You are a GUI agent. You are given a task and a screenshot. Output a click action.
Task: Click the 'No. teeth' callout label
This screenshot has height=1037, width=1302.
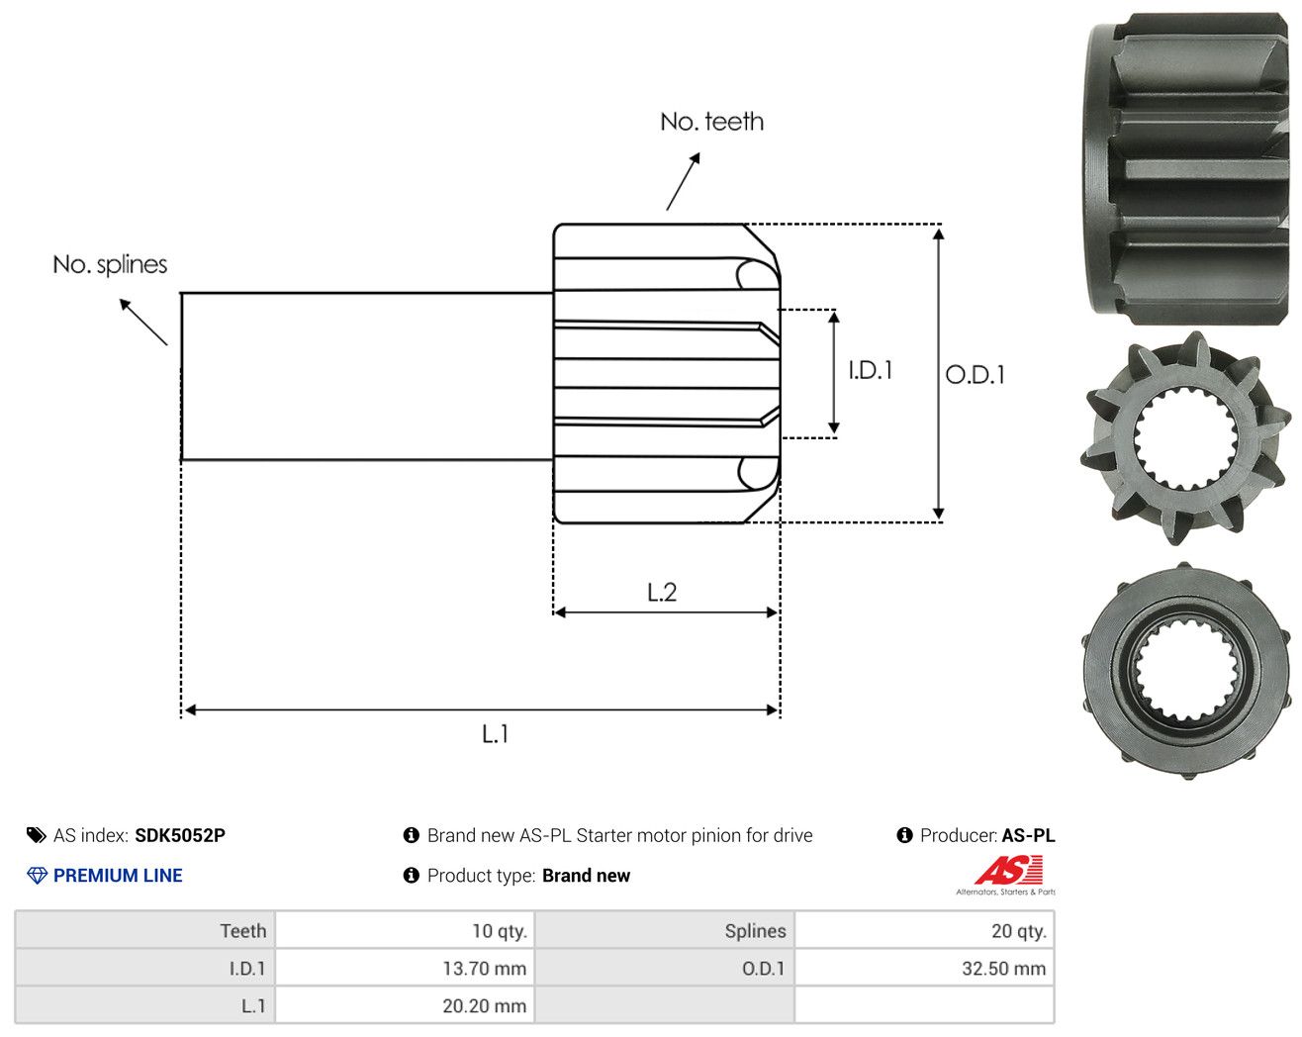pos(711,122)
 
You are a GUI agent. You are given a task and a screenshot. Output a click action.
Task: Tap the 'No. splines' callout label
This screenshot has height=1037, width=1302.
pos(110,264)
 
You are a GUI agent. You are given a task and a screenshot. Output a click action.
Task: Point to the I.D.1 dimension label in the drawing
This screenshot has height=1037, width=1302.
pos(870,370)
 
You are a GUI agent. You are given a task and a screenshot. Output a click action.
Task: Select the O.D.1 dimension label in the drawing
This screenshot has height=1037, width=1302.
pos(975,374)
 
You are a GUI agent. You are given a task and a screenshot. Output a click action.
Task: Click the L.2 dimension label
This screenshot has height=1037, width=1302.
pos(662,592)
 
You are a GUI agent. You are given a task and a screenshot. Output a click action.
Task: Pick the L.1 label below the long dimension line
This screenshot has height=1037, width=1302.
pos(495,734)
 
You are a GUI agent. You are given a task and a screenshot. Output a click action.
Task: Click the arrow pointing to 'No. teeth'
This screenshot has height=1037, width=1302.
pos(683,181)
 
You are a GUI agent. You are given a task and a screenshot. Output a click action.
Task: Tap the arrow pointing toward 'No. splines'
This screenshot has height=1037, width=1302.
pos(142,322)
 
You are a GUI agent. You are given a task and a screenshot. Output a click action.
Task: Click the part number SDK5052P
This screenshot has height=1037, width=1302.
pos(180,835)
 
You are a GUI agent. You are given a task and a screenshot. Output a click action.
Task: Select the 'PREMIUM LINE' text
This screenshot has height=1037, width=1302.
pos(118,875)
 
